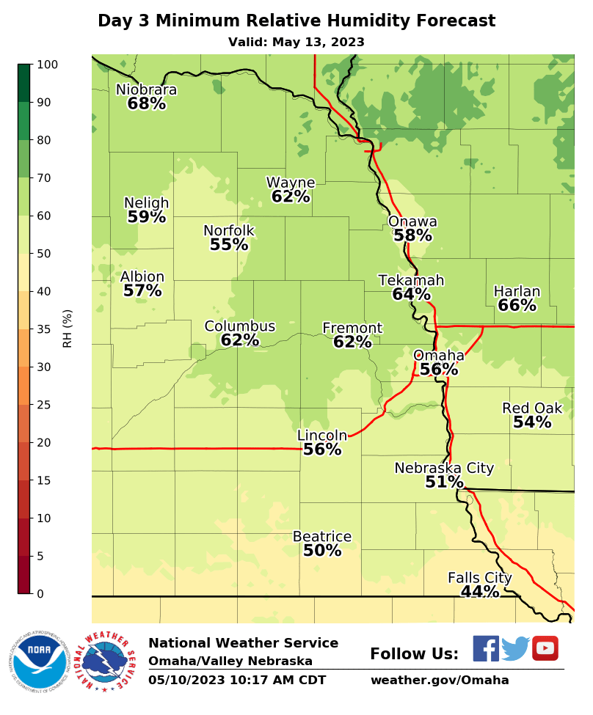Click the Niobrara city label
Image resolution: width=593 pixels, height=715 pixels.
pos(146,89)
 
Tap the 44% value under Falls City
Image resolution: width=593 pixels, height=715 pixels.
pos(480,592)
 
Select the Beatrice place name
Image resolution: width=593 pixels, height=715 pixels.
pos(322,537)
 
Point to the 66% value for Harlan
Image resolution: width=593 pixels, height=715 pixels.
pos(517,306)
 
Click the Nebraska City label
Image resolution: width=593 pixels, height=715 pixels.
pos(444,468)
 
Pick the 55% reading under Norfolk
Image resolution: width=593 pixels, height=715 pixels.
pos(229,245)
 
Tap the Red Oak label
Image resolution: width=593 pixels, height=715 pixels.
pos(532,408)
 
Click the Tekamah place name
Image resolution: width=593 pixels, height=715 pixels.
pos(411,280)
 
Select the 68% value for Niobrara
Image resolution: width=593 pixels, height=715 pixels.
pos(146,103)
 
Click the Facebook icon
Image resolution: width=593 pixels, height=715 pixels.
pos(486,649)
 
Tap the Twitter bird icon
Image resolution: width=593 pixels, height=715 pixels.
pos(515,649)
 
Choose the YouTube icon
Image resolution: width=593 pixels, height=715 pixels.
pos(545,648)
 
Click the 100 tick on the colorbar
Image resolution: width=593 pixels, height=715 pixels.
pos(46,65)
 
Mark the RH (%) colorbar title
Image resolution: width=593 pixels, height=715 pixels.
pos(68,328)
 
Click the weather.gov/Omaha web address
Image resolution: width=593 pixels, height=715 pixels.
pos(439,680)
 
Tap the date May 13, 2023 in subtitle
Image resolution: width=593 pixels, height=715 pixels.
pos(318,43)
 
